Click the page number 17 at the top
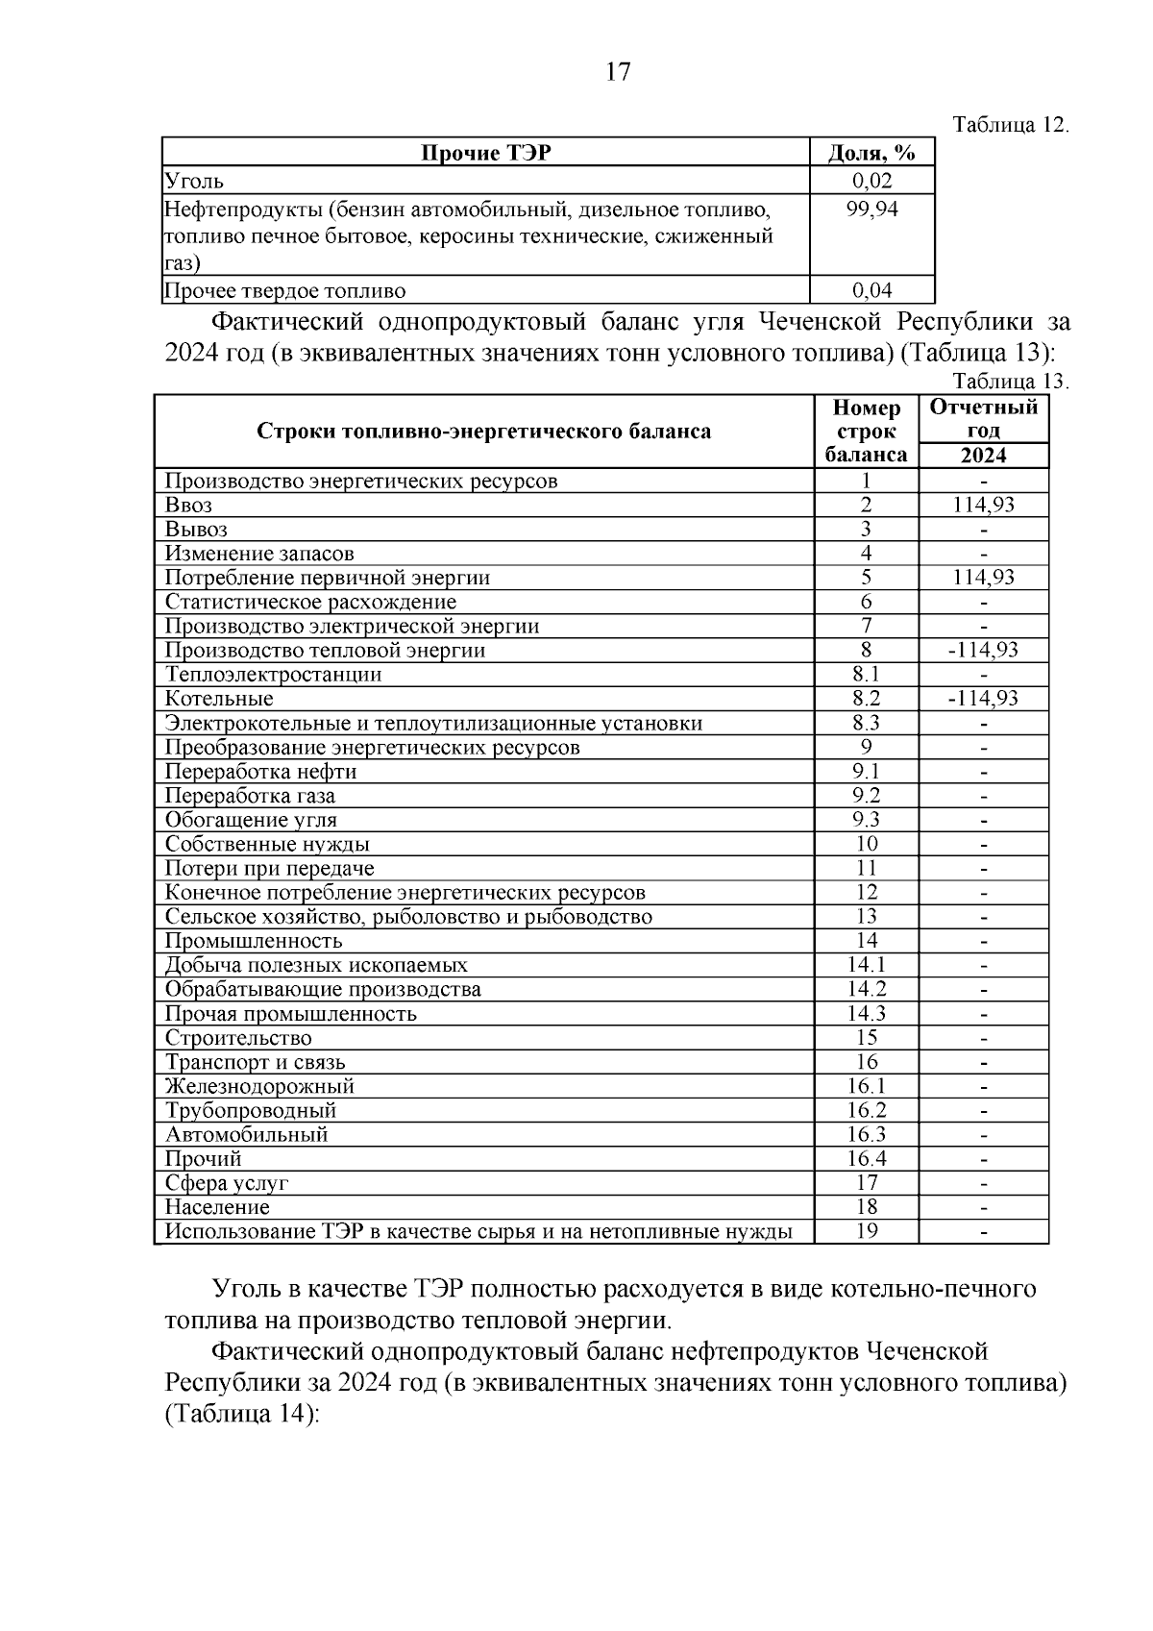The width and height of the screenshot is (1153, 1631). coord(618,72)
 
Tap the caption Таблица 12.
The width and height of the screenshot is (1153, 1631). coord(1011,126)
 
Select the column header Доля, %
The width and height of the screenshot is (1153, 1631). coord(871,153)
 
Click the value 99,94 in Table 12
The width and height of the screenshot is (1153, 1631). coord(871,209)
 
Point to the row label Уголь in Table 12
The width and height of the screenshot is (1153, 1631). coord(194,181)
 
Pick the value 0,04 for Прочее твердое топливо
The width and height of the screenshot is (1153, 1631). coord(871,290)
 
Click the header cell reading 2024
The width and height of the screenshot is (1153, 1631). coord(983,456)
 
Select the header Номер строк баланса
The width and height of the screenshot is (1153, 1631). coord(866,432)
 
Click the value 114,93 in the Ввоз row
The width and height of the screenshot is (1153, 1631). coord(983,505)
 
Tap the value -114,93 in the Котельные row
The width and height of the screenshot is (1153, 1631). coord(983,699)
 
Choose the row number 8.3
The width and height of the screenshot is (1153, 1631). coord(866,723)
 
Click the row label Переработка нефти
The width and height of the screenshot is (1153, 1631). coord(261,772)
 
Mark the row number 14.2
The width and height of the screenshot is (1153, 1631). coord(866,989)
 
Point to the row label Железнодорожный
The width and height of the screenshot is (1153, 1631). coord(259,1086)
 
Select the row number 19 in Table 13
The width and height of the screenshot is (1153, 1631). coord(866,1231)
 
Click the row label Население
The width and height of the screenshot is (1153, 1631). coord(217,1207)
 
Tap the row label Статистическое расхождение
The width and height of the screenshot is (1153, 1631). coord(310,602)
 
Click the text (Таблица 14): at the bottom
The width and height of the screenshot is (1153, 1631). coord(241,1415)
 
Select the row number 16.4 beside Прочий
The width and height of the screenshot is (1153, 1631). coord(866,1158)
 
